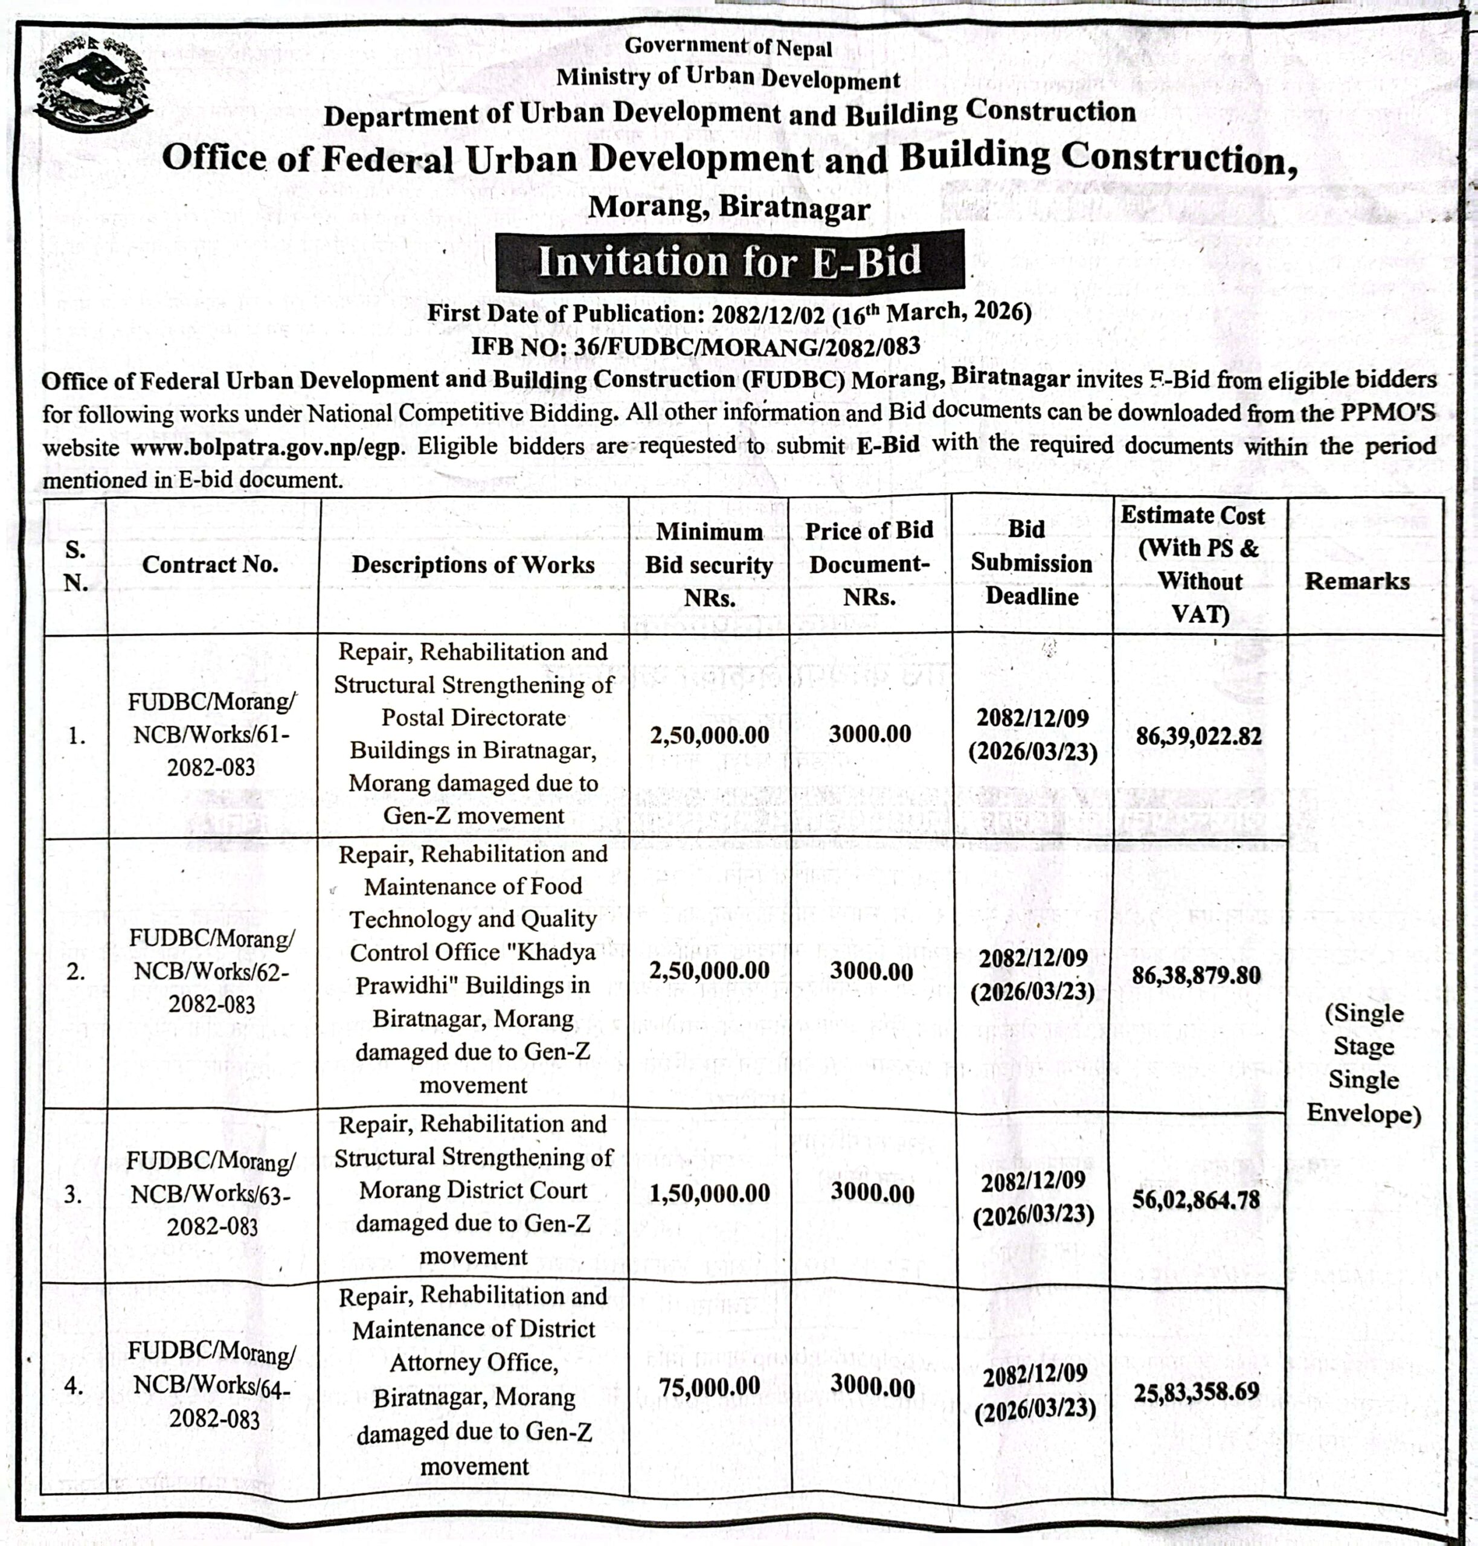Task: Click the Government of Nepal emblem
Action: pyautogui.click(x=92, y=85)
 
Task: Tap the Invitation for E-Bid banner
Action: pyautogui.click(x=729, y=261)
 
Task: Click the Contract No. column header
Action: pyautogui.click(x=210, y=565)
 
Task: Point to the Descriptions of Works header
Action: pyautogui.click(x=473, y=565)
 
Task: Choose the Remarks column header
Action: pyautogui.click(x=1357, y=581)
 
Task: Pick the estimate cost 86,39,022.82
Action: pyautogui.click(x=1198, y=736)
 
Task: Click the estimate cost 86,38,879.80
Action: pyautogui.click(x=1196, y=975)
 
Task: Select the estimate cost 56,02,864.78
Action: pyautogui.click(x=1196, y=1199)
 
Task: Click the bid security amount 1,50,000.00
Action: pyautogui.click(x=709, y=1193)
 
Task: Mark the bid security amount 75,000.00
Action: pyautogui.click(x=709, y=1386)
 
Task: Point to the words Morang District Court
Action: pyautogui.click(x=473, y=1190)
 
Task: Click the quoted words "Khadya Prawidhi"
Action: pyautogui.click(x=473, y=969)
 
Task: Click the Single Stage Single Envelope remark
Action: pyautogui.click(x=1363, y=1062)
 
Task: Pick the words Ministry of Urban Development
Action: pyautogui.click(x=728, y=77)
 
